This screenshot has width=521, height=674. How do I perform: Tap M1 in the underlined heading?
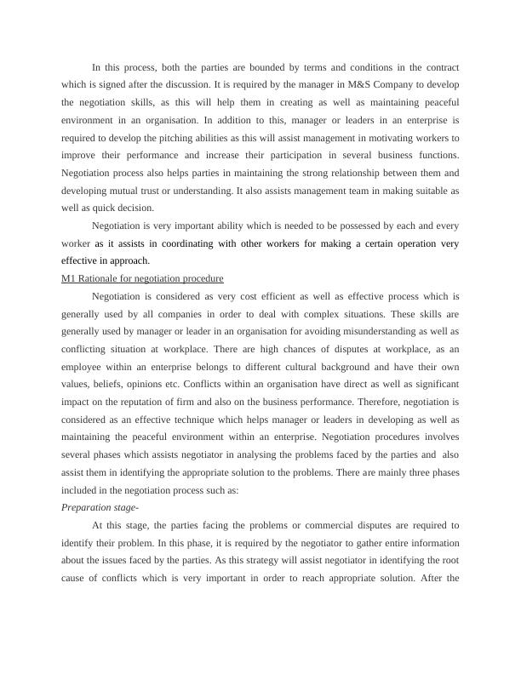pos(69,279)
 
